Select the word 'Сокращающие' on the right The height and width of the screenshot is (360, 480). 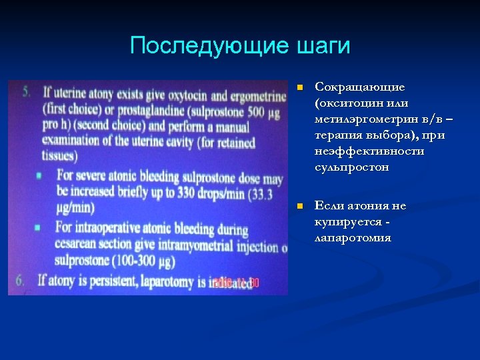(x=360, y=87)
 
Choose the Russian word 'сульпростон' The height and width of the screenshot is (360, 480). (x=351, y=167)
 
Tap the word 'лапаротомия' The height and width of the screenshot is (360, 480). (x=353, y=238)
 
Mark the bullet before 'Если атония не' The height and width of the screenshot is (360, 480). (x=300, y=206)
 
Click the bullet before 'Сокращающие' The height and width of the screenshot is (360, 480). (x=300, y=87)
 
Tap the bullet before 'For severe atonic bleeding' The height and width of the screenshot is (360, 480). (x=40, y=175)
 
